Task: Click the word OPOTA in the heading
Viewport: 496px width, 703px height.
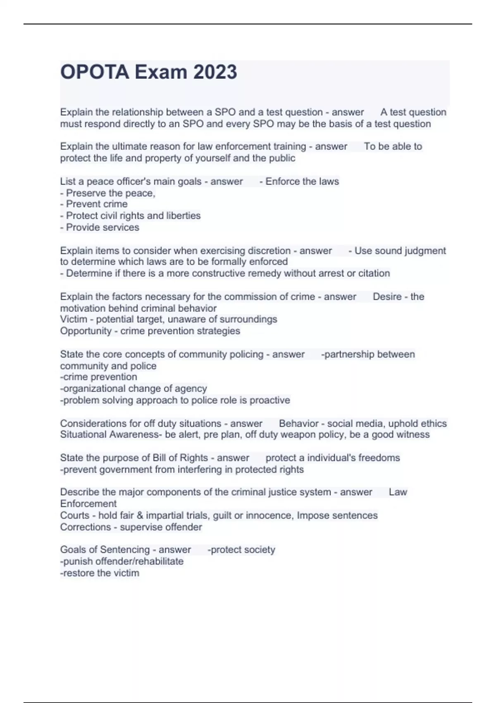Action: click(x=95, y=72)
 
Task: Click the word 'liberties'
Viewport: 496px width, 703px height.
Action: click(x=183, y=216)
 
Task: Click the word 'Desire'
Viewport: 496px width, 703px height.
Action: click(x=387, y=297)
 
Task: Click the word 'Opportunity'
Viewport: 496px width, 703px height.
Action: click(x=86, y=331)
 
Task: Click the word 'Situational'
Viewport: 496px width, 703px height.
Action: click(x=83, y=435)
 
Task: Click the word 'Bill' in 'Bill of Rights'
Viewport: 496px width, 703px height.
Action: click(x=159, y=458)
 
